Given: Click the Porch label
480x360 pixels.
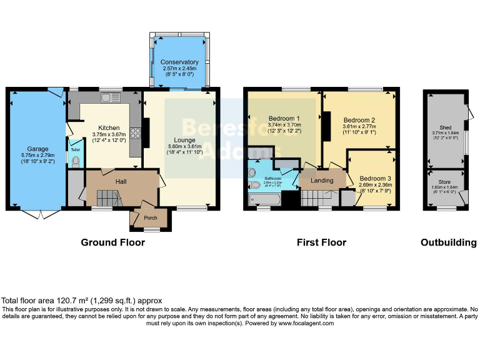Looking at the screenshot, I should pyautogui.click(x=151, y=218).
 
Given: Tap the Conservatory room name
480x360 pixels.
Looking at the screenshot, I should pyautogui.click(x=179, y=62).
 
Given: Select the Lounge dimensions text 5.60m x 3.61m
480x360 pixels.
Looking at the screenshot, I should pyautogui.click(x=181, y=146).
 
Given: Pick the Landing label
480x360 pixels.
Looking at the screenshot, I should pyautogui.click(x=322, y=181).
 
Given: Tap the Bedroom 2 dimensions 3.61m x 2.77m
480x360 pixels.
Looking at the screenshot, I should pyautogui.click(x=359, y=127).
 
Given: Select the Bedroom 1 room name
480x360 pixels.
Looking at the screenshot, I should pyautogui.click(x=284, y=119).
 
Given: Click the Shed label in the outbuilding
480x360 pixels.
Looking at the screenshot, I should pyautogui.click(x=445, y=127).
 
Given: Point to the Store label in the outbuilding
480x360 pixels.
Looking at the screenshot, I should pyautogui.click(x=444, y=182).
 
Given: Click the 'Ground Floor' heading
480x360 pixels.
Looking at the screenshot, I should pyautogui.click(x=112, y=242).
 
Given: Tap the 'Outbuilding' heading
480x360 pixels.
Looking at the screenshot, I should pyautogui.click(x=448, y=242).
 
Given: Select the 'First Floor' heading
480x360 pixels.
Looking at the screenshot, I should pyautogui.click(x=321, y=242).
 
